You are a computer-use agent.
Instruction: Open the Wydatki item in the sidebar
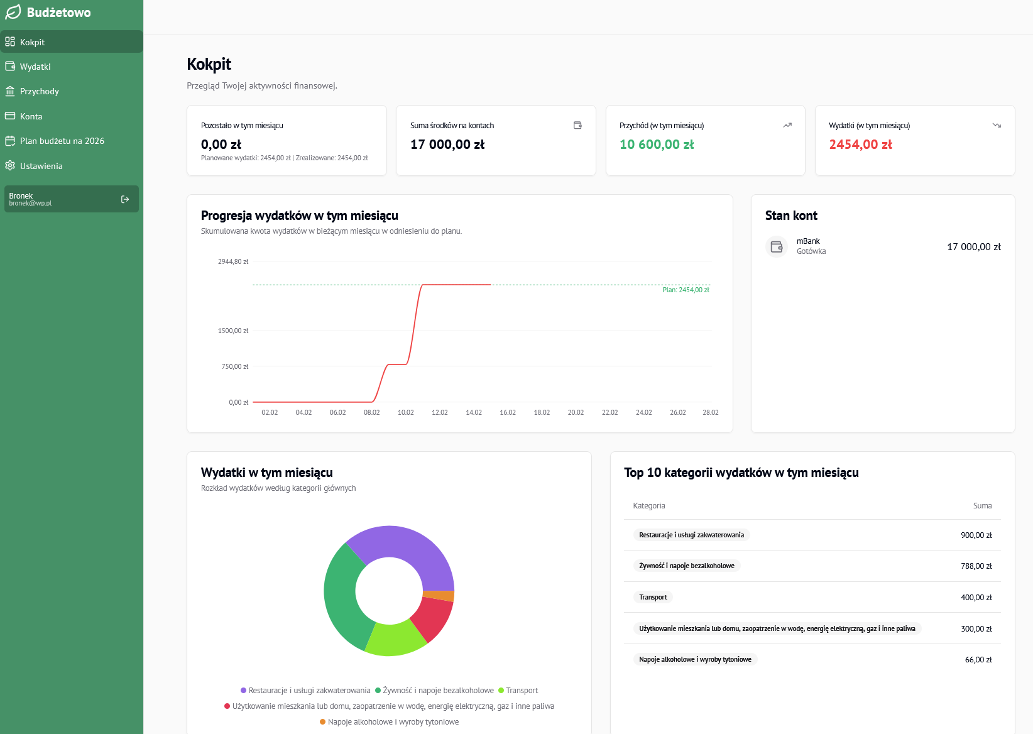click(x=35, y=67)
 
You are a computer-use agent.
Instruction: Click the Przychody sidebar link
click(x=39, y=91)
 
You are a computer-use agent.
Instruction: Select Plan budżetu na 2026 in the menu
click(x=62, y=141)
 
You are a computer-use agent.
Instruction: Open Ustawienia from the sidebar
click(x=41, y=166)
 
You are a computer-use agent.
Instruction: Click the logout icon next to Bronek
click(x=125, y=199)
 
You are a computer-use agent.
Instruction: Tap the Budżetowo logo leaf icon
click(x=13, y=12)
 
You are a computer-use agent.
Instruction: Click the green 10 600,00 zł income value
click(x=657, y=145)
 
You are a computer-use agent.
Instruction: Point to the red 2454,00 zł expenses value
click(x=860, y=145)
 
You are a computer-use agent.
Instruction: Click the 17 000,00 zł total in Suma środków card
click(x=447, y=145)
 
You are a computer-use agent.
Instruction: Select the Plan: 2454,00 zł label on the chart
click(x=686, y=290)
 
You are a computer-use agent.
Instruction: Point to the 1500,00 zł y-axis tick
click(x=233, y=331)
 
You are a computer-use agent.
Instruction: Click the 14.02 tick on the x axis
click(x=474, y=413)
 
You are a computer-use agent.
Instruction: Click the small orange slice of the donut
click(x=439, y=596)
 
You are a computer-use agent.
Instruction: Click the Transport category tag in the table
click(x=653, y=598)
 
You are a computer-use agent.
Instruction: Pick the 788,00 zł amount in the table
click(x=976, y=566)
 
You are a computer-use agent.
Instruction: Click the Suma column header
click(x=982, y=506)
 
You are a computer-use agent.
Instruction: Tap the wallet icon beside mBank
click(x=777, y=247)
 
